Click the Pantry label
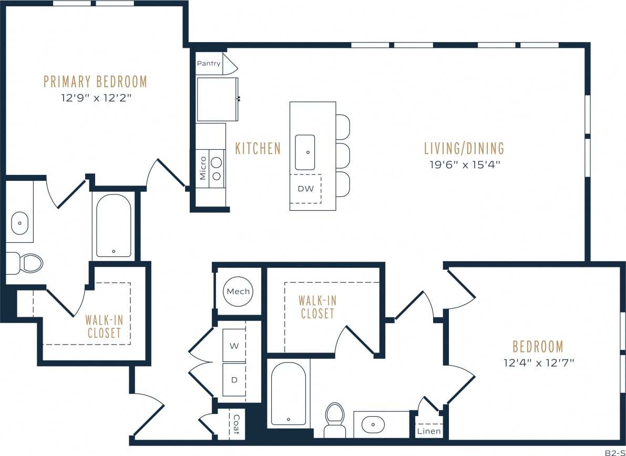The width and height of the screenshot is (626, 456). point(209,64)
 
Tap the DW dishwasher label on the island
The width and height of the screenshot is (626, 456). point(305,188)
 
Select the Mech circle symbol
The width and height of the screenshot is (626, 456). point(238,292)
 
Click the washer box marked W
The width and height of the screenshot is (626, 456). point(234,346)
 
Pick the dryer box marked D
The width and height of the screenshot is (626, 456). point(234,379)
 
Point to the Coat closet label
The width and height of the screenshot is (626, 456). point(236,424)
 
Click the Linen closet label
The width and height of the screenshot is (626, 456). point(429,431)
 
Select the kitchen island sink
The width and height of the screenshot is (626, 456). point(305,152)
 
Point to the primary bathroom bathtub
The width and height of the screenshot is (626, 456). point(114,226)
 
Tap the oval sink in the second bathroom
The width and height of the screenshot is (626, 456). point(373,423)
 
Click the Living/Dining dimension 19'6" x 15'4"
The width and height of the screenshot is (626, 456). point(464,164)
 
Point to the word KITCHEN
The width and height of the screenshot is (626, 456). point(258,149)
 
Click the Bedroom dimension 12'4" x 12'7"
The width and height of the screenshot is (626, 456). point(537,362)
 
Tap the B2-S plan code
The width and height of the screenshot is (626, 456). point(614,452)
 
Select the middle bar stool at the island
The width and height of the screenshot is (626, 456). point(343,156)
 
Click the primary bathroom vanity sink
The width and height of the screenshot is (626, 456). point(19,223)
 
